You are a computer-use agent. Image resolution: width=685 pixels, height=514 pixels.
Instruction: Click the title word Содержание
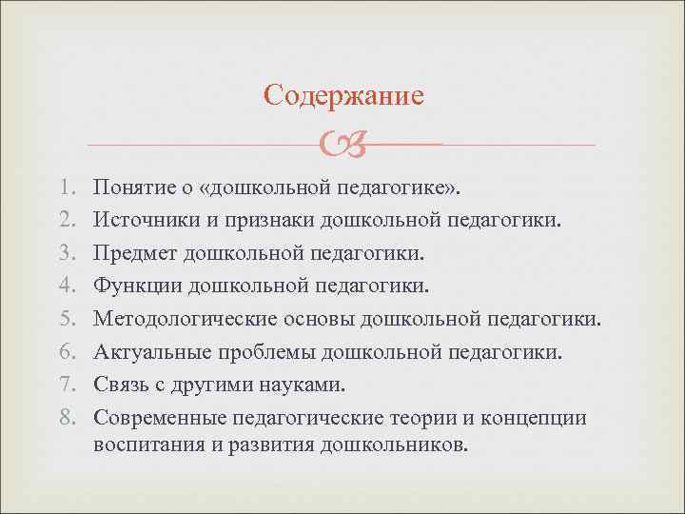[x=343, y=95]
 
